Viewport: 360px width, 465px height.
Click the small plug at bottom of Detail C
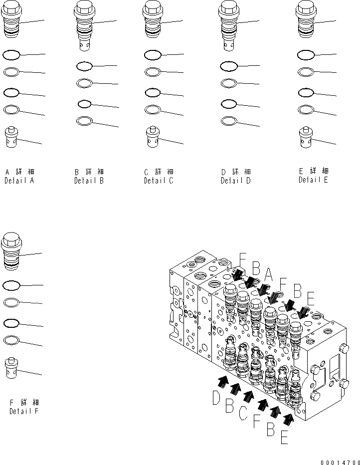click(x=153, y=137)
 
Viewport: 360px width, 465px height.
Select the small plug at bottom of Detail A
click(x=11, y=137)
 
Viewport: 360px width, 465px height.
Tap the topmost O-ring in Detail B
click(x=84, y=66)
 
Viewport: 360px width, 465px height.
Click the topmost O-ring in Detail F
click(x=11, y=285)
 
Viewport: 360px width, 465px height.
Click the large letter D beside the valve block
click(x=216, y=399)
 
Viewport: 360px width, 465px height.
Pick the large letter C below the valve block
click(x=243, y=414)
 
